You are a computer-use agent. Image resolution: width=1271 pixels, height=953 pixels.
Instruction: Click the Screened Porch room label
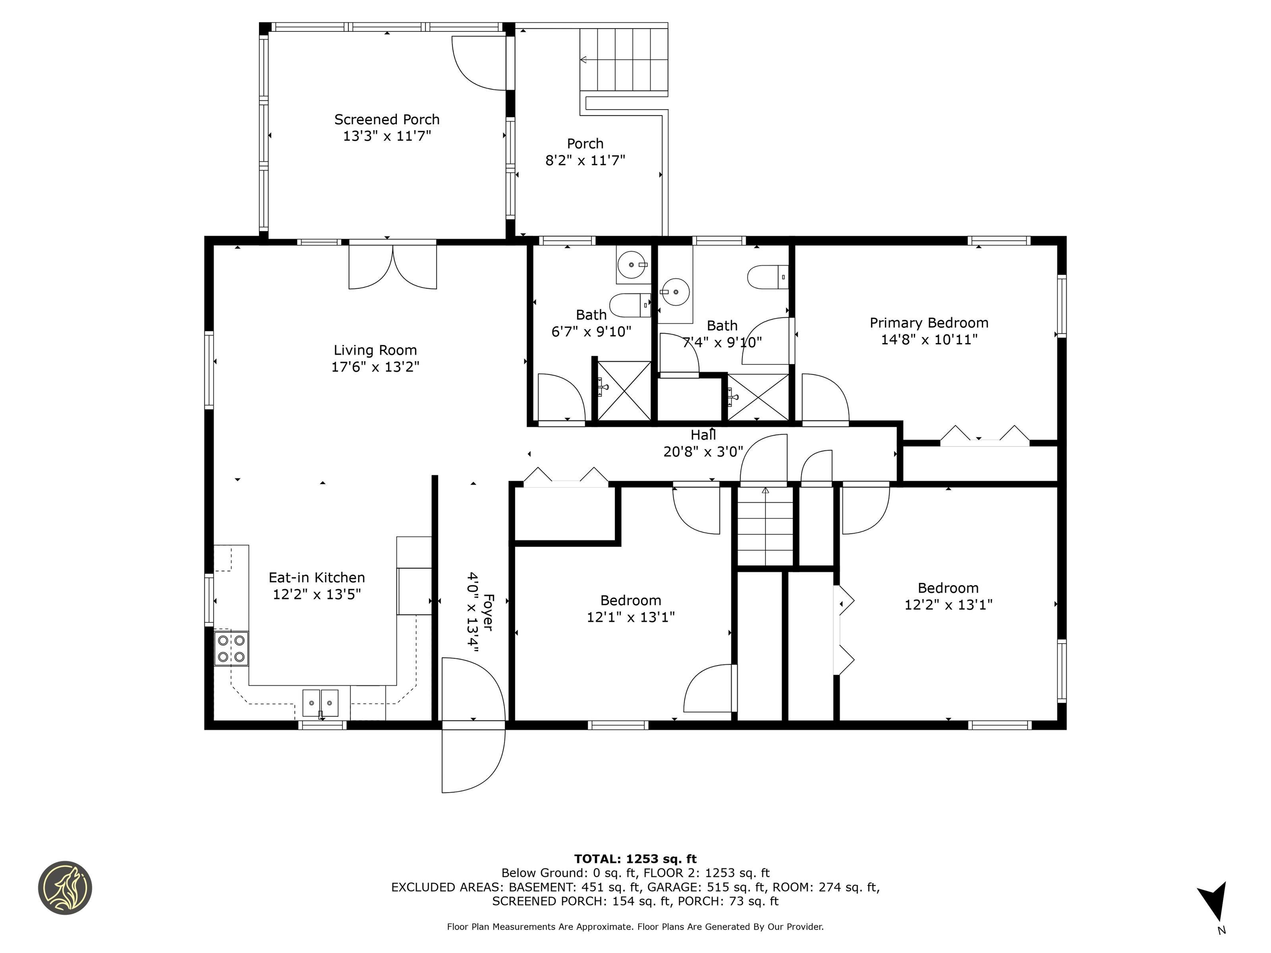[387, 120]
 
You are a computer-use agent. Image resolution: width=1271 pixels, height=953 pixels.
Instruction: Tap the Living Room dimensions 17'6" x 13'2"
[375, 366]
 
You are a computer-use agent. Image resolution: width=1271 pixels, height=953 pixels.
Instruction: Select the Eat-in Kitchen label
[317, 577]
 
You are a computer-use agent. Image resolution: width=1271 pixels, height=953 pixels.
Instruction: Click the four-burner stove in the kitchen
[232, 649]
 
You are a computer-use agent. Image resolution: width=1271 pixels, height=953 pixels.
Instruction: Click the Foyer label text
[488, 612]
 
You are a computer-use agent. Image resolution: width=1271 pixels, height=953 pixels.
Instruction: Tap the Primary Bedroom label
[929, 323]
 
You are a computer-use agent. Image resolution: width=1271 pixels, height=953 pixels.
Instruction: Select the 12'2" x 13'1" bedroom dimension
[948, 604]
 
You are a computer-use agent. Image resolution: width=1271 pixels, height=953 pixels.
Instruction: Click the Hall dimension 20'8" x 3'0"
[703, 452]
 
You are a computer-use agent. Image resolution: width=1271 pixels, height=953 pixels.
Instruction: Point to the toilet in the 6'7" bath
[630, 305]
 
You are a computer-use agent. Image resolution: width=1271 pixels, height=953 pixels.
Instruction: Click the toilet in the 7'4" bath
[767, 277]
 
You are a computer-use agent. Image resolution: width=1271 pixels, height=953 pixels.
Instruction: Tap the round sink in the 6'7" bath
[632, 265]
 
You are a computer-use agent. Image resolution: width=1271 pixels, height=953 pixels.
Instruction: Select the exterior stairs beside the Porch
[624, 60]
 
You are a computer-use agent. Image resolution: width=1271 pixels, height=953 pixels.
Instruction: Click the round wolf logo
[65, 888]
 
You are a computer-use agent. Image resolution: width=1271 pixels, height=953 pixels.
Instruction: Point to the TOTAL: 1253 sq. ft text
[635, 859]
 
